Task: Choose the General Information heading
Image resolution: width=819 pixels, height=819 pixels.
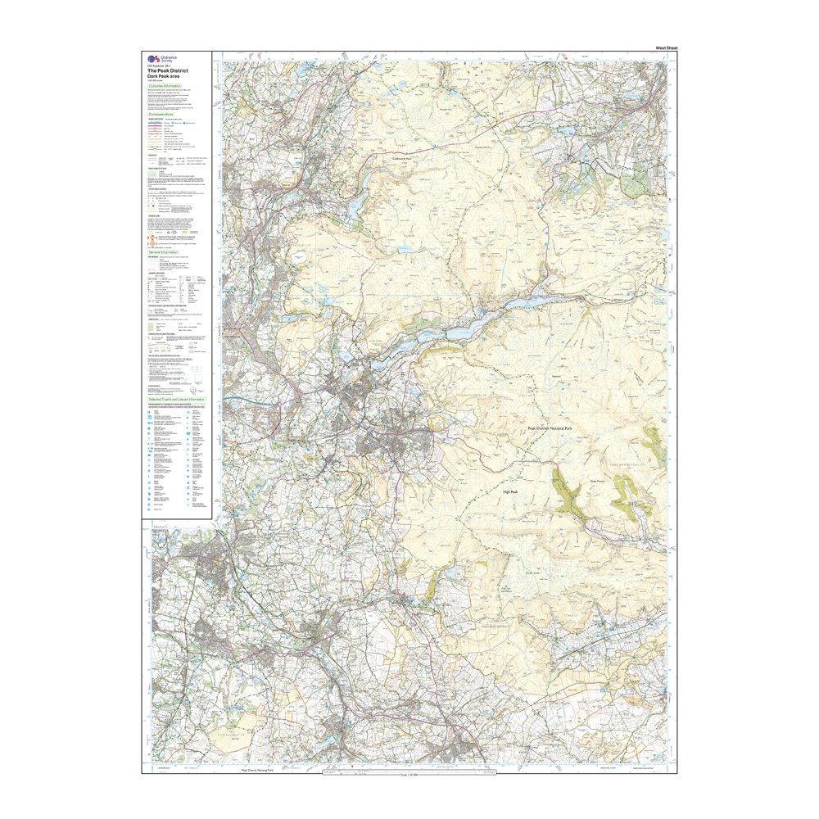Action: click(163, 253)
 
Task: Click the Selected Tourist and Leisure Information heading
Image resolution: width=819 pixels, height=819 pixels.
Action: click(174, 399)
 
